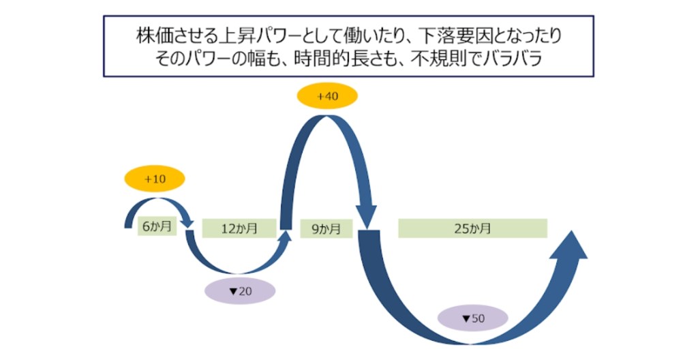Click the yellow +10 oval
155,179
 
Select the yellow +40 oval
328,96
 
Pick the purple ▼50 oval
472,318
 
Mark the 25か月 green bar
472,228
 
